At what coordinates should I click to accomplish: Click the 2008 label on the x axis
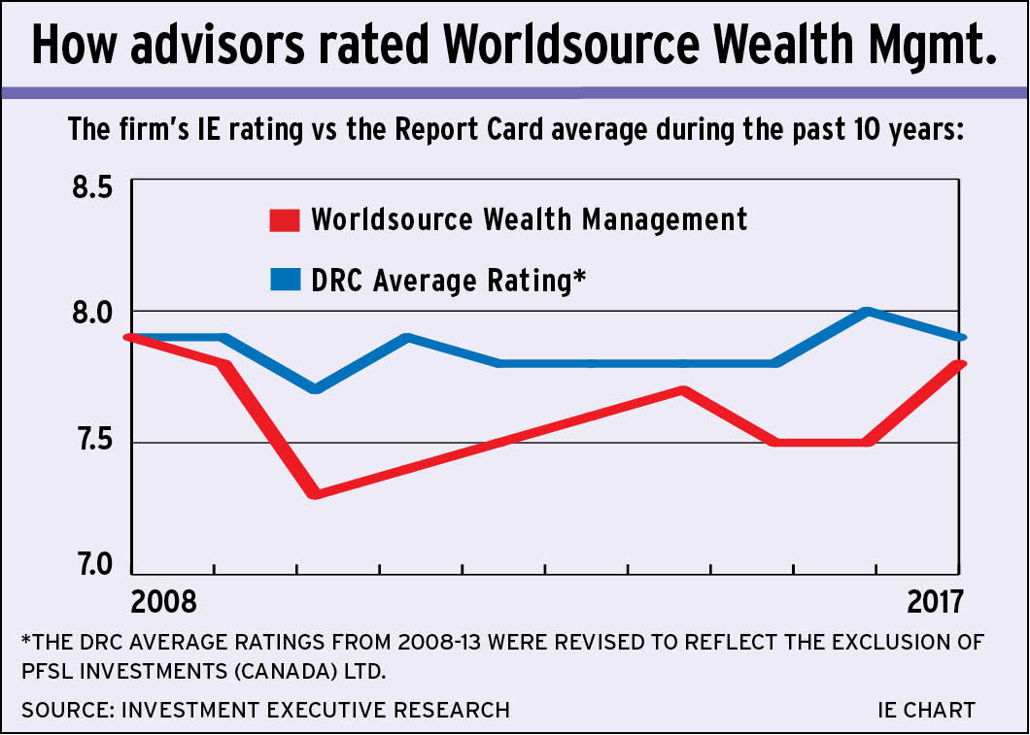163,601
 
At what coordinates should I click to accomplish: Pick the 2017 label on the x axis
936,601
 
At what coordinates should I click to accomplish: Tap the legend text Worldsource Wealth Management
529,218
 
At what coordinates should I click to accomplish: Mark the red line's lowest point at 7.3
313,494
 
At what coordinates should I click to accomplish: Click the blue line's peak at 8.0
868,312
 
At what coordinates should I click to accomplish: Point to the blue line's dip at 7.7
313,388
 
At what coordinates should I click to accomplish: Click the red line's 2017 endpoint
959,364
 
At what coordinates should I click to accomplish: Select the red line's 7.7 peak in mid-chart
683,390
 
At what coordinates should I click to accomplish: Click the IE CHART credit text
926,710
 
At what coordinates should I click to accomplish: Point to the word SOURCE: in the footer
66,710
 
